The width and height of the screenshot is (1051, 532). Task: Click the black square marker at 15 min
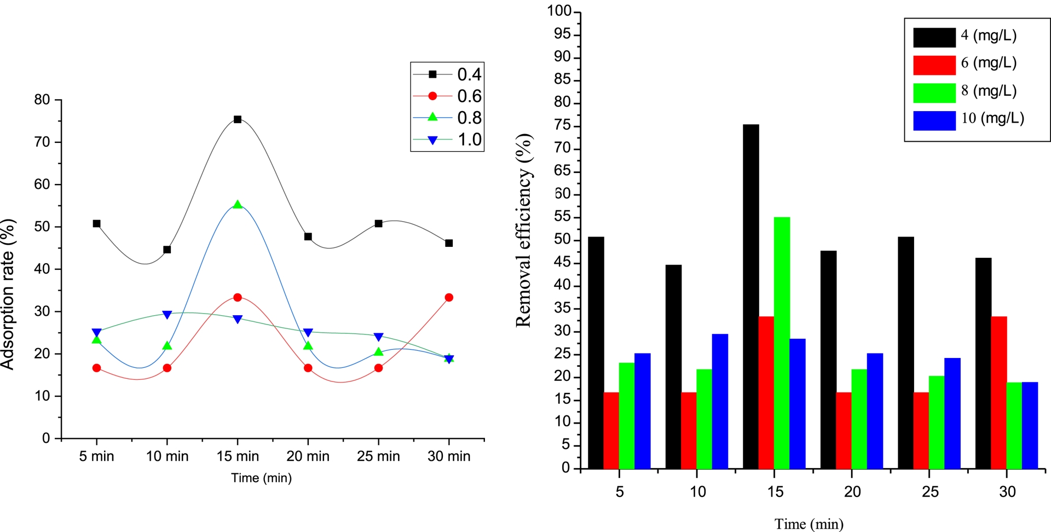[238, 119]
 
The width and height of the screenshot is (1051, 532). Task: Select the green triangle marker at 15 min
[238, 205]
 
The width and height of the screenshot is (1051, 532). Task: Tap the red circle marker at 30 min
[449, 298]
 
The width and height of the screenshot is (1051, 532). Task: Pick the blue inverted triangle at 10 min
[167, 315]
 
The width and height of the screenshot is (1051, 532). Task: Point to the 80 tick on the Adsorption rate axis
[42, 100]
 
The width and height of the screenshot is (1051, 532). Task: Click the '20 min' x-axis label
[308, 456]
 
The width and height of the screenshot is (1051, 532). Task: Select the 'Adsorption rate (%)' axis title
[8, 294]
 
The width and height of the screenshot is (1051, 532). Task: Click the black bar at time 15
[751, 296]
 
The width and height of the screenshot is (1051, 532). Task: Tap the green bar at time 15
[782, 343]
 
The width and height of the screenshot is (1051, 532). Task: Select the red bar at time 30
[999, 392]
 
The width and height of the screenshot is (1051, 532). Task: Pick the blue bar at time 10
[720, 401]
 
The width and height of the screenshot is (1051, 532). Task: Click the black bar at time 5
[596, 352]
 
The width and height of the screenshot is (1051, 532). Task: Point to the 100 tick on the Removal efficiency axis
[559, 11]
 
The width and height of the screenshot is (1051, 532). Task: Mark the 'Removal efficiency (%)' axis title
[524, 230]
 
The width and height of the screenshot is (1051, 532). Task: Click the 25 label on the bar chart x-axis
[930, 491]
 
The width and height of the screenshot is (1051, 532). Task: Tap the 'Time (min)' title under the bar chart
[809, 524]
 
